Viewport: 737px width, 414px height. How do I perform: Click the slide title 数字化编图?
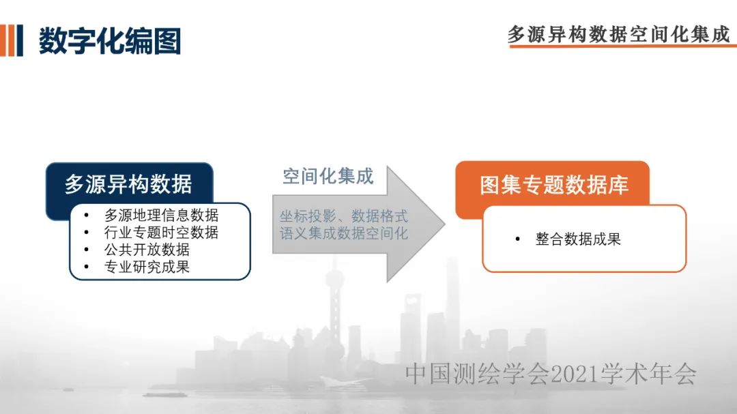(109, 41)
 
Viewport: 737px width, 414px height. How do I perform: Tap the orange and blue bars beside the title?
(12, 40)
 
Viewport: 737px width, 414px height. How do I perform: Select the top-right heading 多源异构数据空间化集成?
(618, 34)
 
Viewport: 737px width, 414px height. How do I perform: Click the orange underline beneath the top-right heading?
(623, 46)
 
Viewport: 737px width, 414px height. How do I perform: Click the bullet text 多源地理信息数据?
(161, 216)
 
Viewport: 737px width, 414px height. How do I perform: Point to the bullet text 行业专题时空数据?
(161, 232)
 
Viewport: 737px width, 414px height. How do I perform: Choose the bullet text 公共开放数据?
(147, 250)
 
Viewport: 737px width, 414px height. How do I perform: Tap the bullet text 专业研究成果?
(147, 267)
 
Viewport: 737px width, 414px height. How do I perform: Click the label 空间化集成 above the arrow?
(328, 176)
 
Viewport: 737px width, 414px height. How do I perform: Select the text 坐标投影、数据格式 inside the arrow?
(343, 216)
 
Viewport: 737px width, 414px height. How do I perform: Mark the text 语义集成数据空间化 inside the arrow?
(343, 233)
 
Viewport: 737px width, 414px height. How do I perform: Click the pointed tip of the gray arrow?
(445, 224)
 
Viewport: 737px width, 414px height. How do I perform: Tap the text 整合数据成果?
(578, 239)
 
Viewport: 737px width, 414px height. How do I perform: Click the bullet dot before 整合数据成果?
(517, 239)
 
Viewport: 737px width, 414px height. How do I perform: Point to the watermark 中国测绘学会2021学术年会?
(551, 374)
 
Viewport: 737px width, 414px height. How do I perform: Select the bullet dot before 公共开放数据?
(87, 250)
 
